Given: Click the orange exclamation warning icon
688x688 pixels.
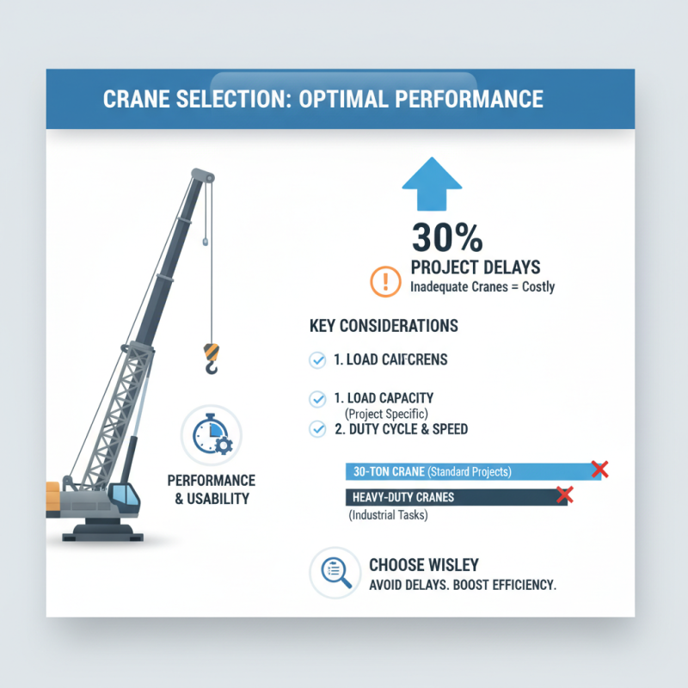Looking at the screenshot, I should pos(384,281).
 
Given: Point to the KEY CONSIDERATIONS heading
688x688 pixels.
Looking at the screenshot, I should pos(383,327).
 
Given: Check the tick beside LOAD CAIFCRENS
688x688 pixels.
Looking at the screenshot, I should pos(316,359).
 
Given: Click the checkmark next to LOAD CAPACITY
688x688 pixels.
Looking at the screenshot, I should pos(316,398).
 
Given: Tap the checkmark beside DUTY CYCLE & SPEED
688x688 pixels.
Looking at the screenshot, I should pos(316,428).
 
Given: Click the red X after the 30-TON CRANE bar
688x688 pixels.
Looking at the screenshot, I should pos(600,470).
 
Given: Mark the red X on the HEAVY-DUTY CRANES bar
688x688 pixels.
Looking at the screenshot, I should pos(564,494).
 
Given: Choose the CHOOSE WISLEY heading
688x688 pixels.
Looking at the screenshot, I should pos(423,565).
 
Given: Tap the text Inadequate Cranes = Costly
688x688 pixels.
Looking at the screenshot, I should pos(482,287).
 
